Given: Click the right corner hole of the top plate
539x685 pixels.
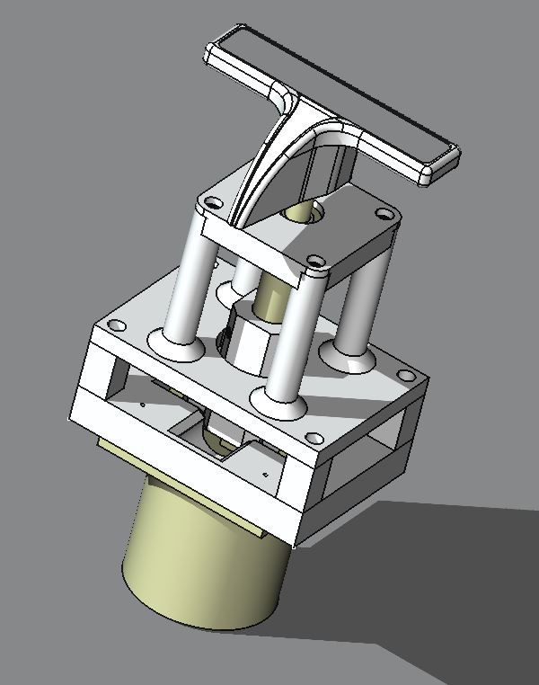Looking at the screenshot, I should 385,216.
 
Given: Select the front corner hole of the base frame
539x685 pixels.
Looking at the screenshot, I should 314,440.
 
